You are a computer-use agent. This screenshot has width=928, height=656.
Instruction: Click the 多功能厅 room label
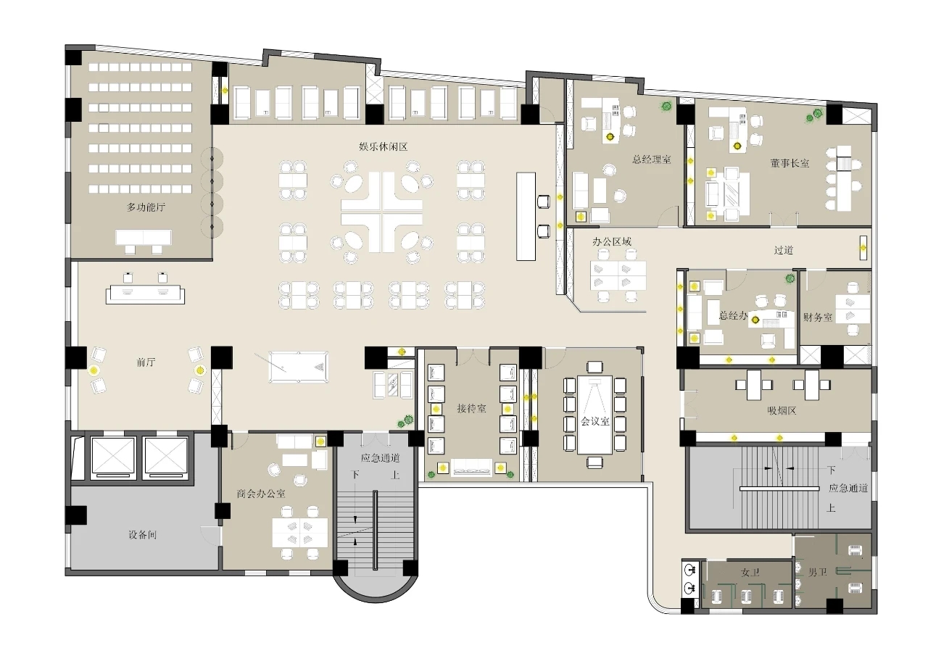click(146, 207)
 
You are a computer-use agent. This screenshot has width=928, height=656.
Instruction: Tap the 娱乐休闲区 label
click(384, 146)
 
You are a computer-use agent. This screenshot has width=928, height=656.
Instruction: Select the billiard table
click(298, 368)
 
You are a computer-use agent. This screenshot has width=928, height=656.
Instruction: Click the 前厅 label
click(146, 362)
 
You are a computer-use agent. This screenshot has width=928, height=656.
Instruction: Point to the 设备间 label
click(143, 535)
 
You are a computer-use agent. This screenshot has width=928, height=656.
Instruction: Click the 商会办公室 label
click(261, 494)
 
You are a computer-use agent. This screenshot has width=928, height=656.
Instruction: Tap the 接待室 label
click(471, 408)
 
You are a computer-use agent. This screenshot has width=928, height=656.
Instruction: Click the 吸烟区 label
click(782, 411)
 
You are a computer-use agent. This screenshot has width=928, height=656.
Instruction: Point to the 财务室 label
click(818, 317)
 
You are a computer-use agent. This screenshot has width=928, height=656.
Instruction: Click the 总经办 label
click(733, 315)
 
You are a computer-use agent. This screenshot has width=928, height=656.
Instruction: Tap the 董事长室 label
click(790, 163)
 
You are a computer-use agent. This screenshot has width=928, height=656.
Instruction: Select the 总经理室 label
click(652, 159)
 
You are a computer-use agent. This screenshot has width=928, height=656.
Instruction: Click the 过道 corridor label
click(784, 250)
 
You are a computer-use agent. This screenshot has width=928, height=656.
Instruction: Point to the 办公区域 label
click(612, 241)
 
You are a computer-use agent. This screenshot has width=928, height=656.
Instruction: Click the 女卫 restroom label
click(750, 573)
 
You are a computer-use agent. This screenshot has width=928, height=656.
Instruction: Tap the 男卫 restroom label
click(817, 573)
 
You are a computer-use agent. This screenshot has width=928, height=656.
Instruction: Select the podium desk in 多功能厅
click(144, 237)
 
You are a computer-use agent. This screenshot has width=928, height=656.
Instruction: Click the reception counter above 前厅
click(145, 294)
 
